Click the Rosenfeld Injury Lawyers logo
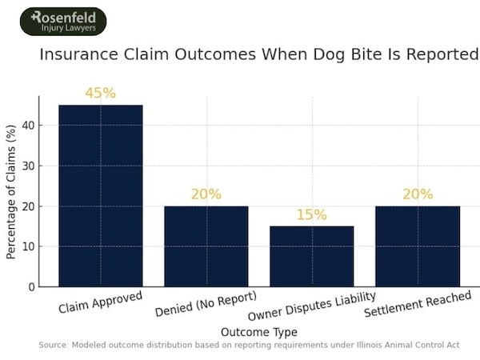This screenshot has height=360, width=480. (63, 22)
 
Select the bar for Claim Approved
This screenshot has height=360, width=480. (101, 195)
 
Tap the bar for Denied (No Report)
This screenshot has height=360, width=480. (206, 246)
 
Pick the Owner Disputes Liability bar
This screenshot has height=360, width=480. (311, 256)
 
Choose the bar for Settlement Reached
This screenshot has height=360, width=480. (417, 246)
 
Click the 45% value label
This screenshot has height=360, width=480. (101, 94)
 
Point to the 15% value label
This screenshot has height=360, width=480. (311, 214)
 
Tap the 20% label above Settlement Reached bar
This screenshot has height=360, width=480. (417, 194)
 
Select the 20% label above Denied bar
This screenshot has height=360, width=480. (206, 194)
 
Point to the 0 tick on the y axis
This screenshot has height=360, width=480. (30, 286)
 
